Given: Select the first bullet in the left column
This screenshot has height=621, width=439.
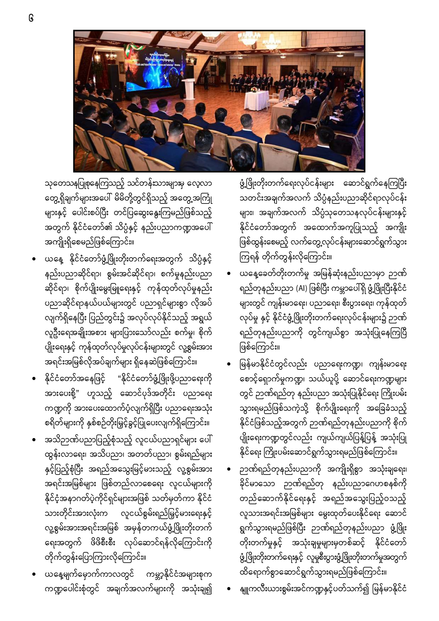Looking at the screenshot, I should pos(34,259).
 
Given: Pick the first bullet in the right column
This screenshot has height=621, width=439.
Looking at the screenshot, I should pos(229,274).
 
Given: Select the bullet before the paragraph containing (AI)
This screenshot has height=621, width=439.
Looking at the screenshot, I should pos(229,274).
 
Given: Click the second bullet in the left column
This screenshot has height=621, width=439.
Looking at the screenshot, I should pos(34,379).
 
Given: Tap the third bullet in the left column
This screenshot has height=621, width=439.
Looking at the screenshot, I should pos(34,441).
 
